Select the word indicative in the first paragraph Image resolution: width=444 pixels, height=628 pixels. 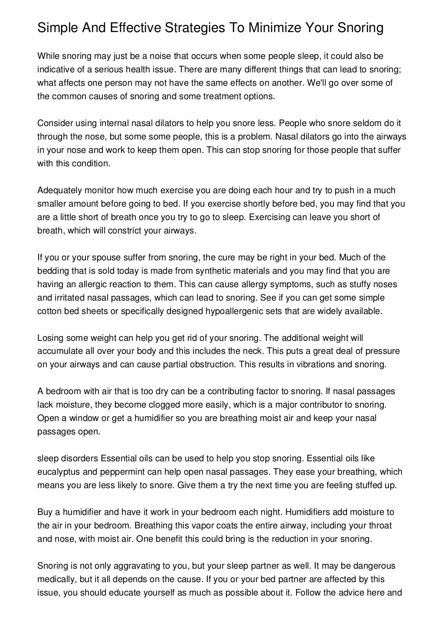[56, 70]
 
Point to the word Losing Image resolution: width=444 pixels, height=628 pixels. [49, 338]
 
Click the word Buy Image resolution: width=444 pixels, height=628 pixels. [45, 512]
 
